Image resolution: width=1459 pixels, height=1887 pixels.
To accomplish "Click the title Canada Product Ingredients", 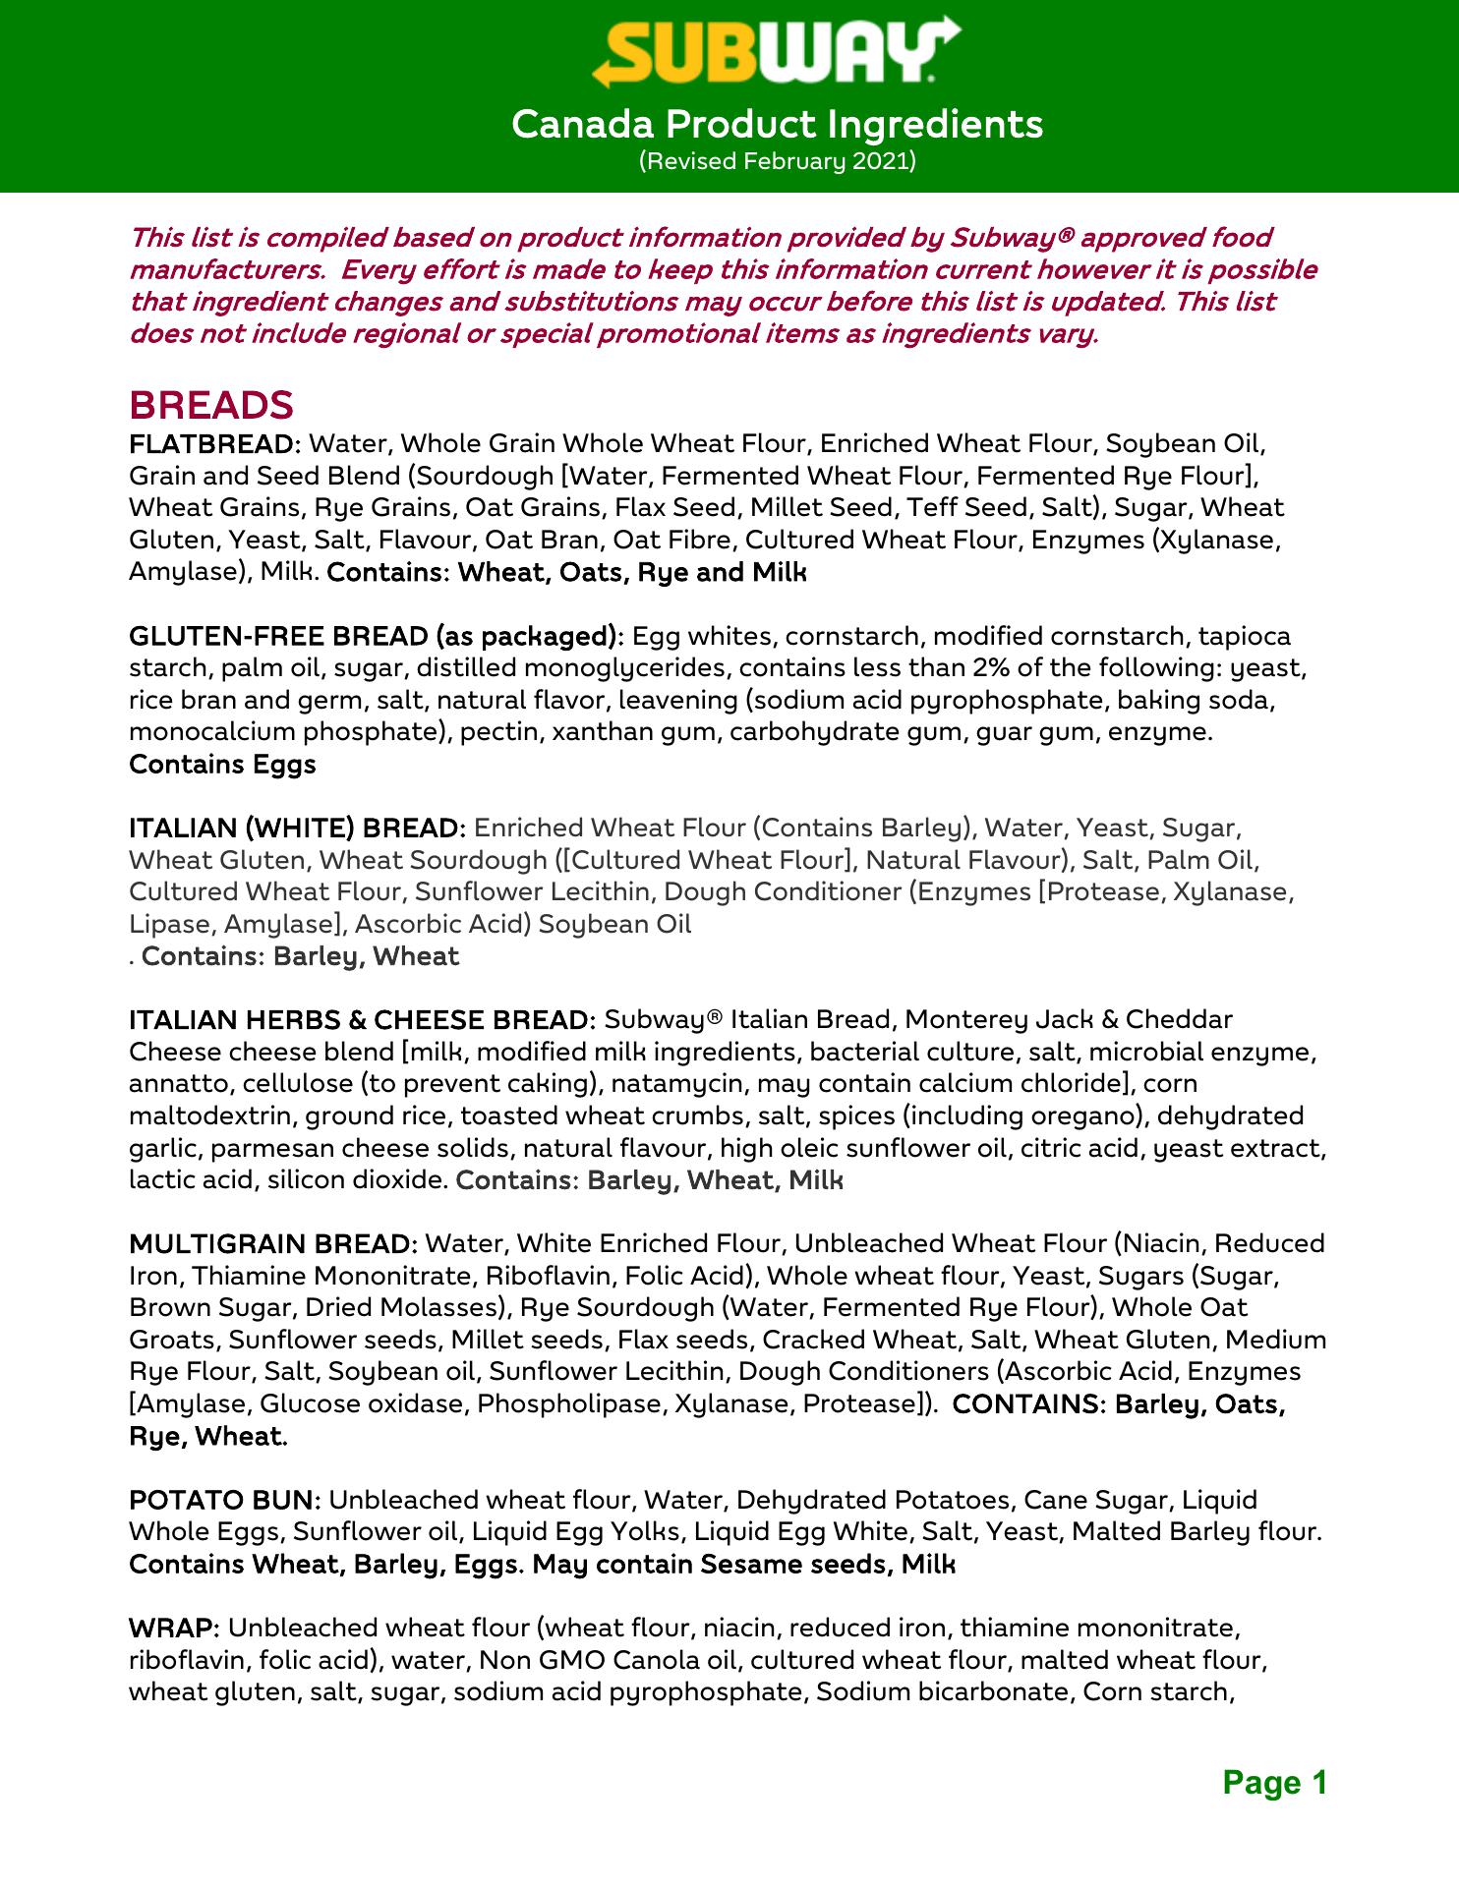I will click(x=777, y=125).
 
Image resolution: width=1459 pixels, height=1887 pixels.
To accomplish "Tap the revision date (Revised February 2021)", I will click(x=777, y=160).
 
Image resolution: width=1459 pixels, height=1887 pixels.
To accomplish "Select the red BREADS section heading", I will click(x=211, y=405).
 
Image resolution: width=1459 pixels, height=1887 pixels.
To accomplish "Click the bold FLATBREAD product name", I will click(x=212, y=444).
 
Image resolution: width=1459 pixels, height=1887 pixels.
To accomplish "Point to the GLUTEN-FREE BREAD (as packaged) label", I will click(x=377, y=637).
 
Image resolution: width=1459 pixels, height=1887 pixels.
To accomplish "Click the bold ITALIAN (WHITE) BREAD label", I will click(x=297, y=829).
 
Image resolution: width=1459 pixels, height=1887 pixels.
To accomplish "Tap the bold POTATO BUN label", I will click(x=224, y=1501).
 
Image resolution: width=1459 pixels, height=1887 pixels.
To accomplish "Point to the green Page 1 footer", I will click(x=1274, y=1782).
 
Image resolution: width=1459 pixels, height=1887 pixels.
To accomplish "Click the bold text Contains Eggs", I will click(x=222, y=765).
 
